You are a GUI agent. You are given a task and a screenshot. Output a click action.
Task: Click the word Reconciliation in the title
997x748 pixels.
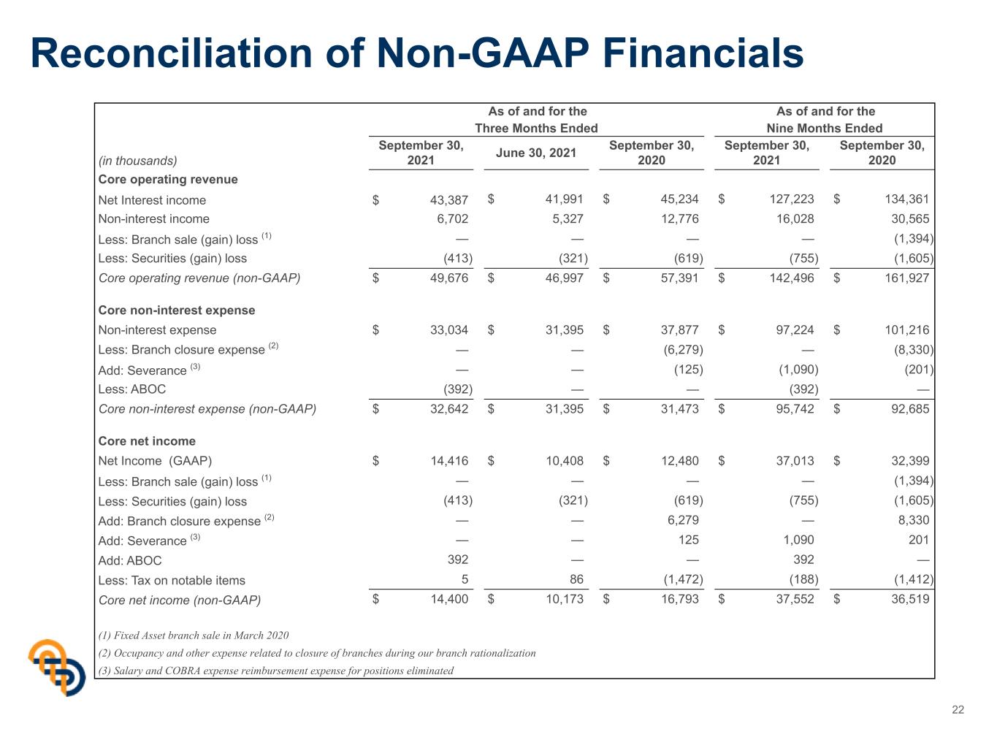pos(172,53)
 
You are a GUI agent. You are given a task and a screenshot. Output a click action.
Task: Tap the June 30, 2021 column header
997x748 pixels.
pos(536,153)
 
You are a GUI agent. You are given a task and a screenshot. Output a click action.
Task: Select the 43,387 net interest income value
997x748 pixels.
pos(448,200)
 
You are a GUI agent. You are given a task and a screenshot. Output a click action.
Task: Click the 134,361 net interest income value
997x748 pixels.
pos(906,199)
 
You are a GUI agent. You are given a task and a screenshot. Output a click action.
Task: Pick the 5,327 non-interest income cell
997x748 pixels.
pos(568,219)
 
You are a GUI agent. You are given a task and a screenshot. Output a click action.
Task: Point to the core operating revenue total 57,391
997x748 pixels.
pos(679,278)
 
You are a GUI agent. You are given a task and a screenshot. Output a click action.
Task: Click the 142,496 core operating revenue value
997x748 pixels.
pos(792,278)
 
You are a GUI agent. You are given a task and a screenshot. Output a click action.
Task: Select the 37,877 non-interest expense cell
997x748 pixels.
pos(679,329)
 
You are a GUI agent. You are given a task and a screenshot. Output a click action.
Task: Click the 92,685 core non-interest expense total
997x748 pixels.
pos(910,409)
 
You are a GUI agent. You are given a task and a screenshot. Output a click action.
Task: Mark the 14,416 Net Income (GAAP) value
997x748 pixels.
pos(449,460)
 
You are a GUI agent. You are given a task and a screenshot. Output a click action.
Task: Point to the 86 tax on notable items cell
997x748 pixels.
pos(576,579)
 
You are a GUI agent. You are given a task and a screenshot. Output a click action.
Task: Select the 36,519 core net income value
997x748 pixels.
pos(910,598)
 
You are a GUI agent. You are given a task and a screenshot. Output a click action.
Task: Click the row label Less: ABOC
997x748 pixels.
pos(132,389)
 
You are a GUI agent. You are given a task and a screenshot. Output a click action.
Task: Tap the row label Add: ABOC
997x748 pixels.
pos(130,560)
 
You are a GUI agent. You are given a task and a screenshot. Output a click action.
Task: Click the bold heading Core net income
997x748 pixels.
pos(147,441)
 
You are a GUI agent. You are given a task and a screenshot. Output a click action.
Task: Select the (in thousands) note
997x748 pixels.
pos(137,161)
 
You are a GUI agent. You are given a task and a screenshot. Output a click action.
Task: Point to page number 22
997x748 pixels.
pos(958,710)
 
